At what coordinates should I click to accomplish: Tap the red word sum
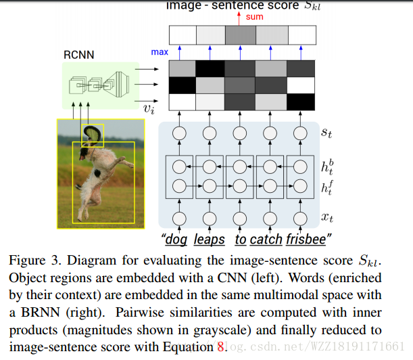[256, 16]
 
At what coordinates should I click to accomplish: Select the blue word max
[160, 51]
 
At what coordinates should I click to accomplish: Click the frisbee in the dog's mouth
[93, 133]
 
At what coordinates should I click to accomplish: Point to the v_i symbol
[148, 106]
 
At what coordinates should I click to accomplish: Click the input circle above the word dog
[180, 218]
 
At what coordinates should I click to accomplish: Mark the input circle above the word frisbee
[301, 218]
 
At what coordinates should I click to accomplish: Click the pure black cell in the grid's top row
[210, 68]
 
